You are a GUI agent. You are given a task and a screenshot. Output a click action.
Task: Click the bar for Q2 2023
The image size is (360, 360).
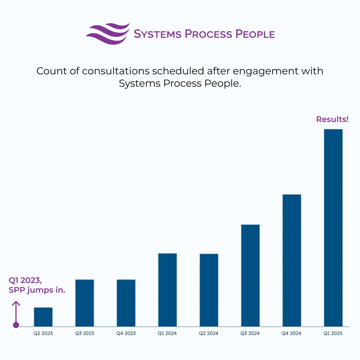43,317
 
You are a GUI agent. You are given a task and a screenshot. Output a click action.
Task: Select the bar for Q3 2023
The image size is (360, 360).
85,303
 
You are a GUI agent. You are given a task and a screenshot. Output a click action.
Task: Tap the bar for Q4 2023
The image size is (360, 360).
126,303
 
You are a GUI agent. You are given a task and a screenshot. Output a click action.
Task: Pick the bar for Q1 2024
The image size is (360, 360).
167,290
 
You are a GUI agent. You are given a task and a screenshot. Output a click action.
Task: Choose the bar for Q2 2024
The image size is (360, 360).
209,290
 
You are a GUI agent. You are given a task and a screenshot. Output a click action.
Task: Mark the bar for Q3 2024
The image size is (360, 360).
250,276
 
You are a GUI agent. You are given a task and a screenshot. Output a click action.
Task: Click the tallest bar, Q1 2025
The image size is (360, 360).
333,228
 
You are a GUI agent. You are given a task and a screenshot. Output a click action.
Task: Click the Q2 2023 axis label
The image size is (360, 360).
43,333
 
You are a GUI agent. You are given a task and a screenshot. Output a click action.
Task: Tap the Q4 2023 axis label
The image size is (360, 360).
126,333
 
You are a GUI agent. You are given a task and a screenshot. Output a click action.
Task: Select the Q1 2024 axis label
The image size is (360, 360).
167,333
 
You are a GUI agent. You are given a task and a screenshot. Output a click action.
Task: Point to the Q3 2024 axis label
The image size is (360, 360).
250,333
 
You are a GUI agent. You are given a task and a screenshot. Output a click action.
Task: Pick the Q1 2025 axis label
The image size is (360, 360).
333,333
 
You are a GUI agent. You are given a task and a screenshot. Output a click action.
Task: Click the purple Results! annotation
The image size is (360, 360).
332,119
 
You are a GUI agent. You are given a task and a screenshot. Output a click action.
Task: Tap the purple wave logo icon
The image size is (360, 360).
107,34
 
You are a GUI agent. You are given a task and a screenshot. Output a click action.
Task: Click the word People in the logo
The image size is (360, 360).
255,34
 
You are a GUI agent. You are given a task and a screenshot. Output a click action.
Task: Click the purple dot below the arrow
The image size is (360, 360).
16,325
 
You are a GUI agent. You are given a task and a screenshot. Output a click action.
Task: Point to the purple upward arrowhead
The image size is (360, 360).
16,303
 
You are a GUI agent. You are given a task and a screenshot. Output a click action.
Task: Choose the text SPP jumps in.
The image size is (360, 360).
37,290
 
